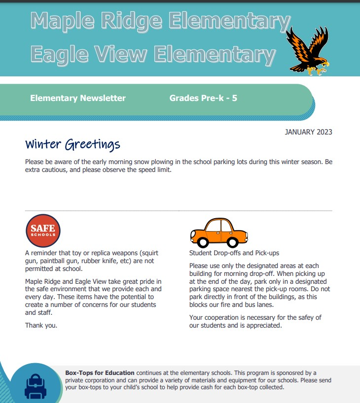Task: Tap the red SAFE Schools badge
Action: pos(43,230)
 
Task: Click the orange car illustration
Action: pos(219,233)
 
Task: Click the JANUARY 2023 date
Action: pos(308,132)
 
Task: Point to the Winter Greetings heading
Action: pos(72,144)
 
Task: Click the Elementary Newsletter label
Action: pos(78,98)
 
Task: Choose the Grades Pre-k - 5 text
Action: pos(203,98)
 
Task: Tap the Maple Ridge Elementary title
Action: pos(160,21)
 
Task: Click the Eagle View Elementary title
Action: pos(153,53)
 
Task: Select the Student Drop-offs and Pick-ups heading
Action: pos(234,253)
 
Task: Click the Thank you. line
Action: pos(41,325)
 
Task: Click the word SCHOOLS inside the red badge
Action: pos(43,235)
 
